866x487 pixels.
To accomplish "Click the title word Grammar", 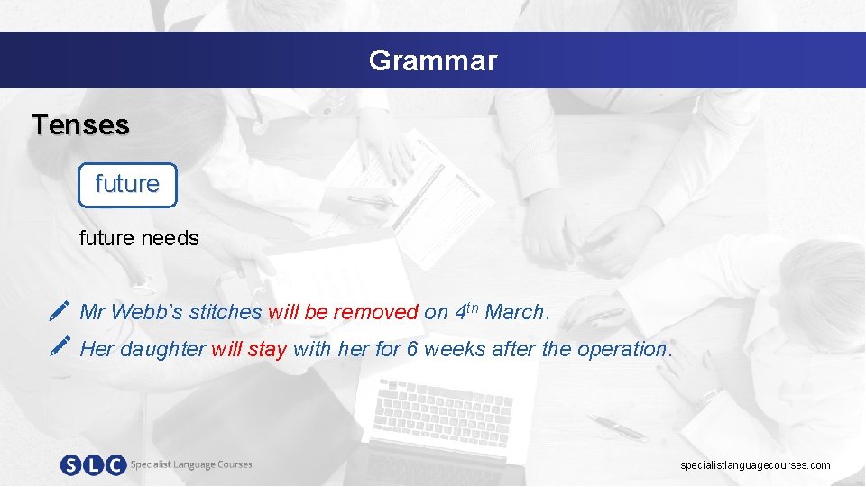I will pyautogui.click(x=432, y=60).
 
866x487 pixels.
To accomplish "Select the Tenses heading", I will pyautogui.click(x=80, y=124).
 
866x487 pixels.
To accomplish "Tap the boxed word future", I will pyautogui.click(x=127, y=184).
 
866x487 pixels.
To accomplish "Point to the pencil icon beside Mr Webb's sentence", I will pyautogui.click(x=60, y=312).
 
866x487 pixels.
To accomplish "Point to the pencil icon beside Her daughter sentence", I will pyautogui.click(x=60, y=346).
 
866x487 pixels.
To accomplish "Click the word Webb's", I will pyautogui.click(x=147, y=313).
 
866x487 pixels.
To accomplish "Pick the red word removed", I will pyautogui.click(x=376, y=313).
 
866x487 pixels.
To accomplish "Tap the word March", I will pyautogui.click(x=514, y=313).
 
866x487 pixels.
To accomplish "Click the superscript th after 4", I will pyautogui.click(x=473, y=308).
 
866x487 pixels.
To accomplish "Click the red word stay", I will pyautogui.click(x=266, y=349).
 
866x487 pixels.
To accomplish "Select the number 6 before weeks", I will pyautogui.click(x=411, y=349).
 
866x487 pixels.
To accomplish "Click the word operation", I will pyautogui.click(x=622, y=349).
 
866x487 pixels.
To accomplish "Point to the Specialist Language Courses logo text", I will pyautogui.click(x=191, y=464).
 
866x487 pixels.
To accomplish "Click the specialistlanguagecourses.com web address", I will pyautogui.click(x=755, y=465).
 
